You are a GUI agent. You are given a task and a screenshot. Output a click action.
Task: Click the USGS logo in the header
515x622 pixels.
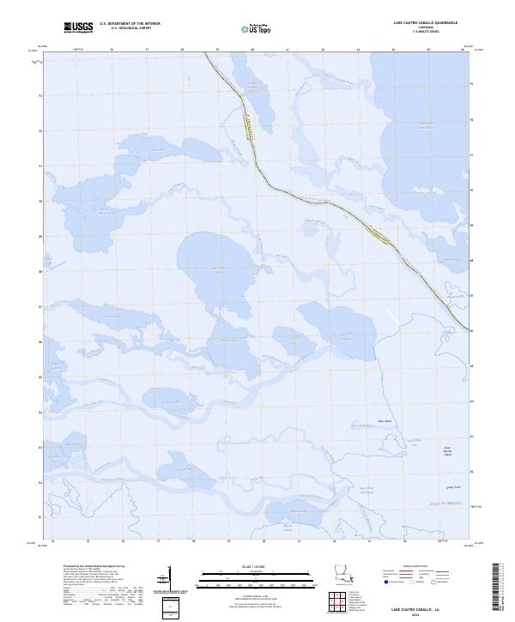click(78, 27)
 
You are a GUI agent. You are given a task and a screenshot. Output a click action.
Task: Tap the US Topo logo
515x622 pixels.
click(254, 28)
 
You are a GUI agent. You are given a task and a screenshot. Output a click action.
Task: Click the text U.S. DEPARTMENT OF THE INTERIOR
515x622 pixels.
click(130, 24)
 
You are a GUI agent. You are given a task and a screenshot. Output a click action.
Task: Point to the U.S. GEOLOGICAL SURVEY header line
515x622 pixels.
click(130, 28)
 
